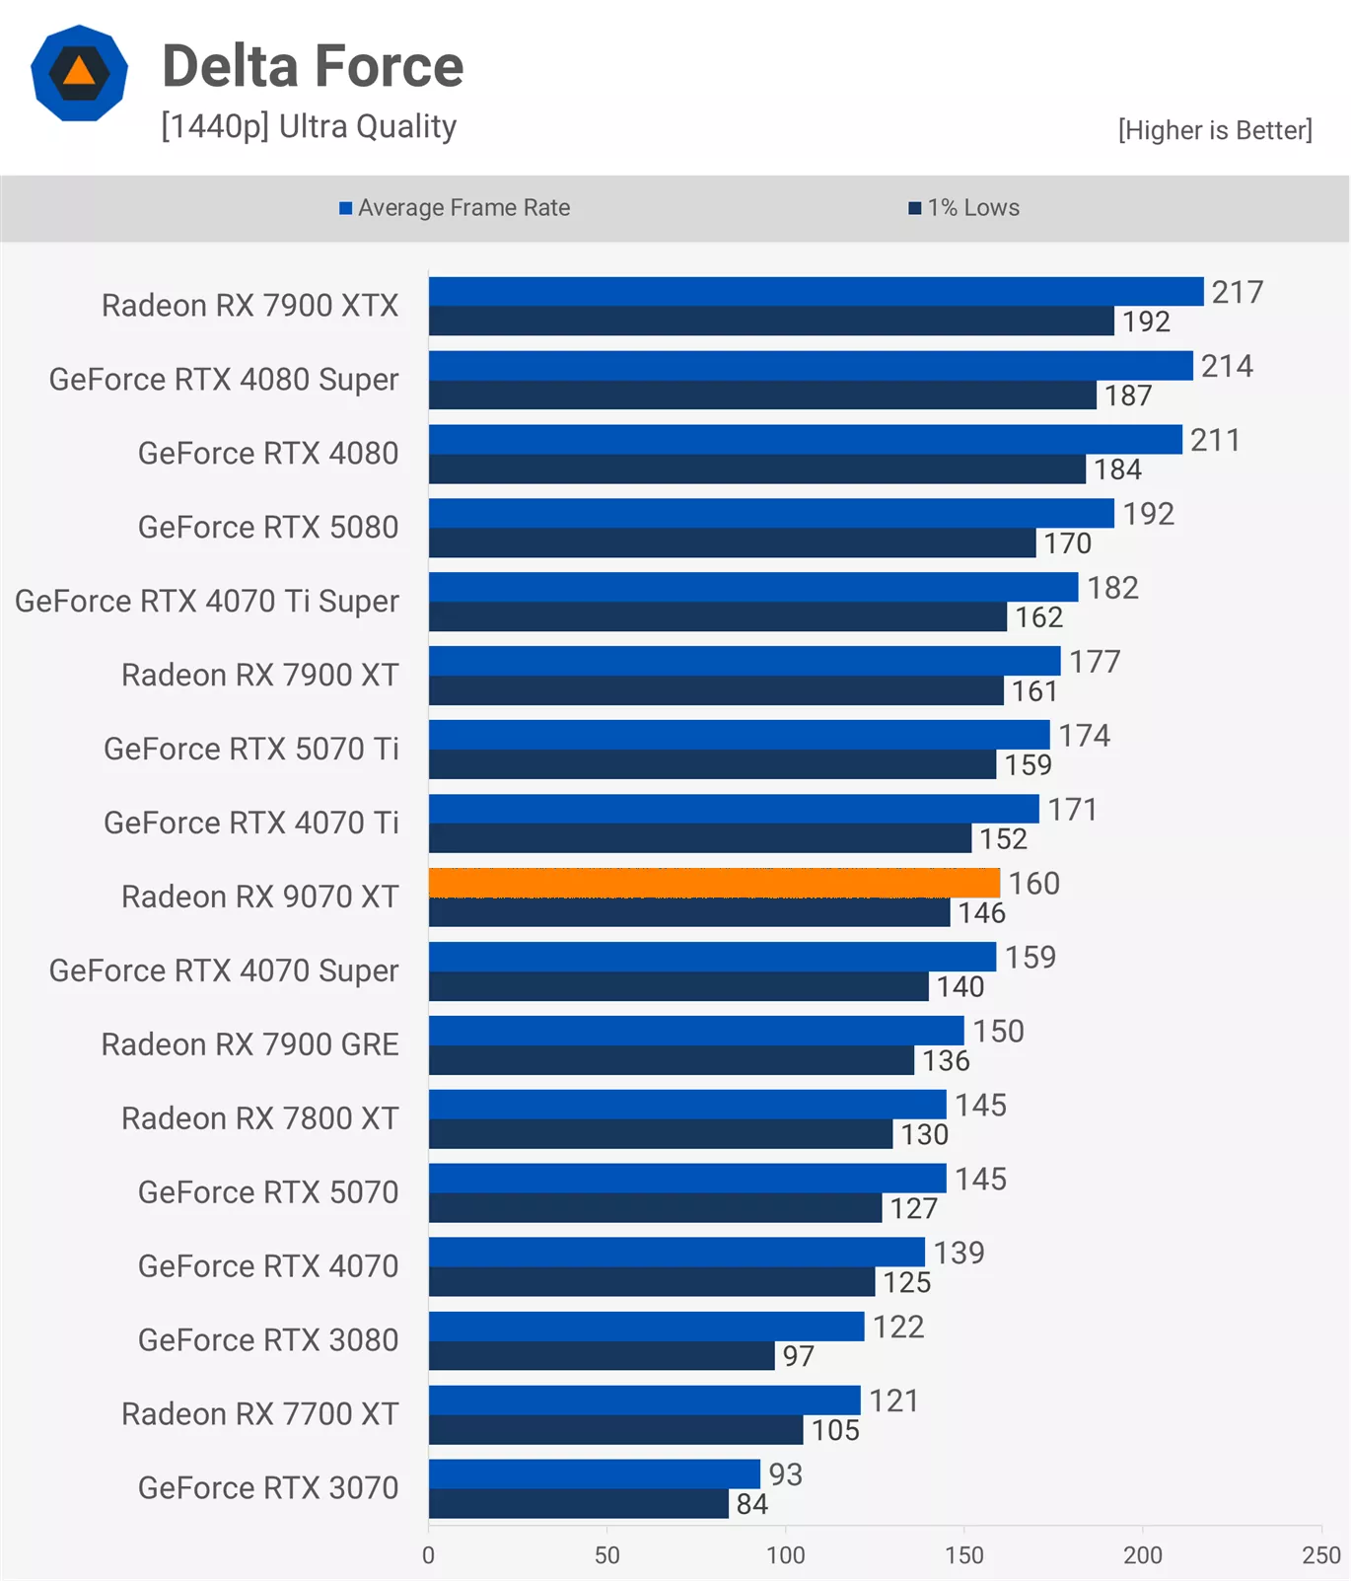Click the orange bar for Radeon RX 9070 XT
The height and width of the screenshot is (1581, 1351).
[714, 883]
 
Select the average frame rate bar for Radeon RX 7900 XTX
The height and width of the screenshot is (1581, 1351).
[816, 292]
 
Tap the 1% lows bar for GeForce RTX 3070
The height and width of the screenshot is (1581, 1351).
[578, 1504]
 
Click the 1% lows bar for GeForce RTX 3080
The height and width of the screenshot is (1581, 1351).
[602, 1356]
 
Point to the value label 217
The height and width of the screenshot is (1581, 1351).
[1237, 292]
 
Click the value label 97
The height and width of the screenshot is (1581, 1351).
[798, 1356]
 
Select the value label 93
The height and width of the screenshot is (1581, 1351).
[785, 1474]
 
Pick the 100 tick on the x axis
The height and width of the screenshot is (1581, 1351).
[786, 1555]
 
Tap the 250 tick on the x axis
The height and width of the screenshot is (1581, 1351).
[1320, 1555]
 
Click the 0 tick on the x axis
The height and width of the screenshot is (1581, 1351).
[428, 1555]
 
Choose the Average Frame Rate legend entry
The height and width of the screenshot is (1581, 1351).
[455, 208]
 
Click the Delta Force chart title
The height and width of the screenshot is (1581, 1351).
[313, 66]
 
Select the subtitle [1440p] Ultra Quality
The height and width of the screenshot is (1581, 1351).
[309, 126]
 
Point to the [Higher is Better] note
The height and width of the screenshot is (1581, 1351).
[1214, 130]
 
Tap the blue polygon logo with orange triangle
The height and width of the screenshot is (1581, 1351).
[79, 73]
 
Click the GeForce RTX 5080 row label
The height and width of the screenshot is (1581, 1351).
[267, 528]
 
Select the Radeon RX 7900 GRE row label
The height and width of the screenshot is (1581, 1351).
[249, 1044]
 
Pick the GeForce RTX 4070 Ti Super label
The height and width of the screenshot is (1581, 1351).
[206, 602]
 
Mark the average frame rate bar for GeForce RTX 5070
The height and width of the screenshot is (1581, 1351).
[687, 1179]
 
